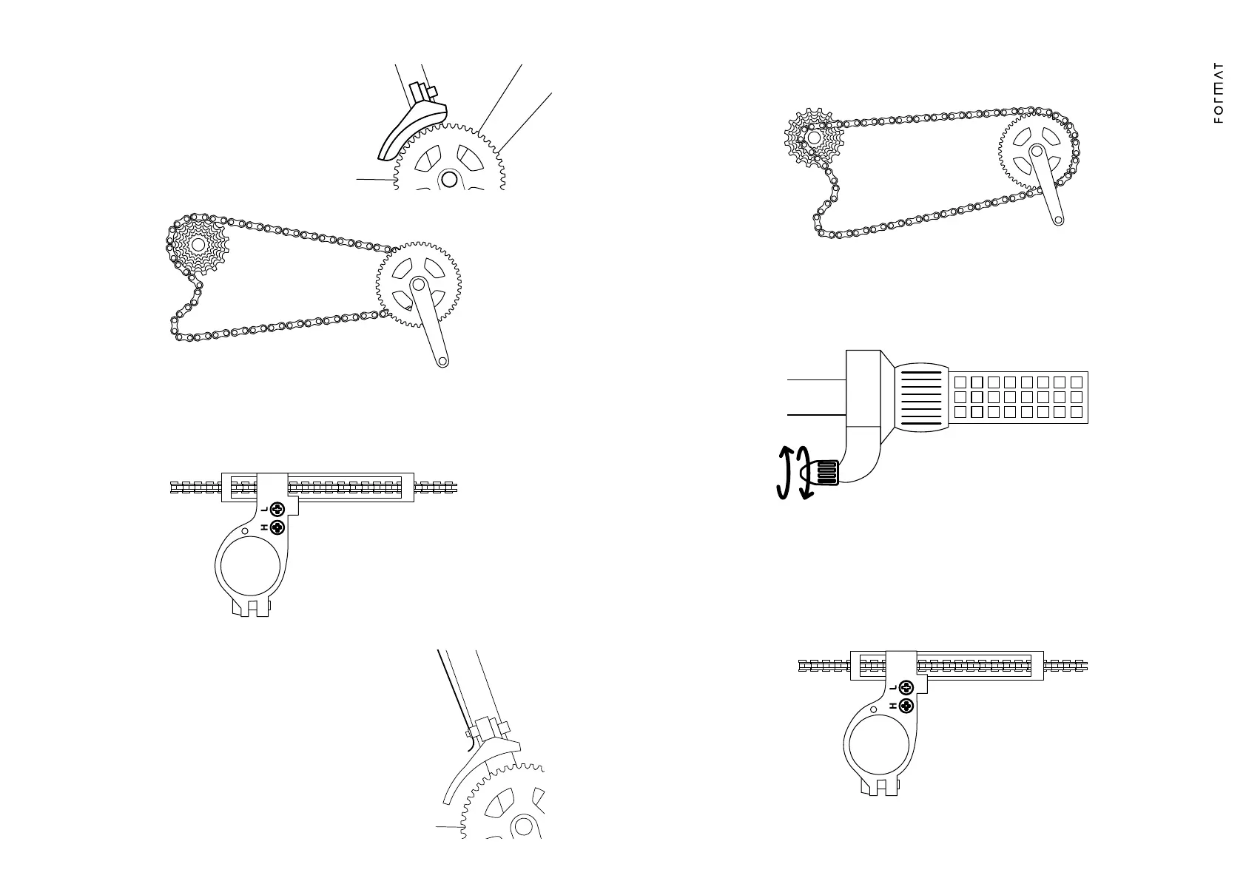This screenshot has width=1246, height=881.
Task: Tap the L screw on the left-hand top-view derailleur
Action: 278,509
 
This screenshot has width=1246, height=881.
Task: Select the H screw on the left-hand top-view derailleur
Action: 278,527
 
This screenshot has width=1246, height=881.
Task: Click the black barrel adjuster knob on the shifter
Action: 826,472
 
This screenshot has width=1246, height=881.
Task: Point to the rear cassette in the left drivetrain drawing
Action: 198,245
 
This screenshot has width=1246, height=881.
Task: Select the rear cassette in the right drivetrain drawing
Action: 814,138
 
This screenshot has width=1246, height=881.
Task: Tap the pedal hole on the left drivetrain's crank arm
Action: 442,361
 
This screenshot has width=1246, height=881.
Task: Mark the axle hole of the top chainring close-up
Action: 448,179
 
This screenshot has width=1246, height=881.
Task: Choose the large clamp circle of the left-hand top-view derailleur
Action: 250,567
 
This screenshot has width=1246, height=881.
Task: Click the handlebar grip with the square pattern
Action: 1019,397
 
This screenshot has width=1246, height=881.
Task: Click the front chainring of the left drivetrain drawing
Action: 418,285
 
